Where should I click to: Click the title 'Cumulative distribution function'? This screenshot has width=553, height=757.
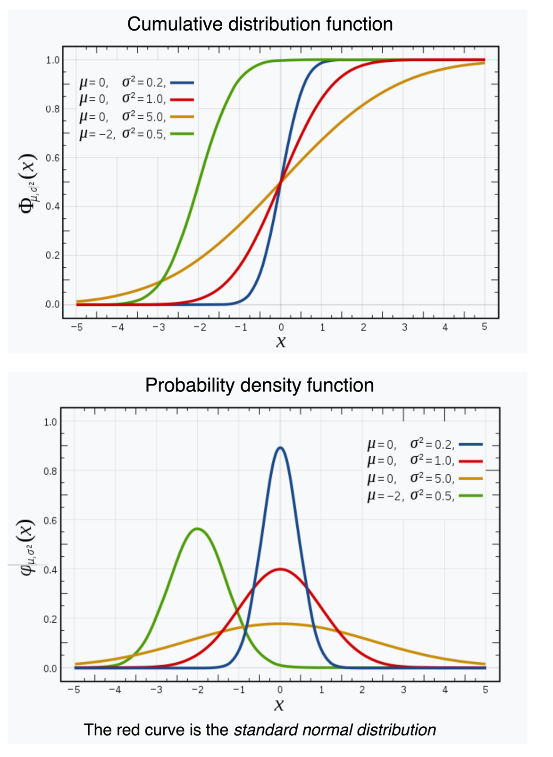coord(260,24)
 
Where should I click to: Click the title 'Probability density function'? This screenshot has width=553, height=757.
coord(259,385)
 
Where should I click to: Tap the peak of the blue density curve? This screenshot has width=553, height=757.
coord(280,447)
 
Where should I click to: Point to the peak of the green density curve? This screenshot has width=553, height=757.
coord(198,529)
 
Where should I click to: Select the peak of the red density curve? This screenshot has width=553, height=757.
coord(280,569)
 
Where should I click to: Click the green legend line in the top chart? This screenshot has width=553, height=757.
coord(182,134)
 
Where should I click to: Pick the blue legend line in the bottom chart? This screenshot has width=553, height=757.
coord(471,444)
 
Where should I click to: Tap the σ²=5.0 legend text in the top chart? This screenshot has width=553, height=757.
coord(143,116)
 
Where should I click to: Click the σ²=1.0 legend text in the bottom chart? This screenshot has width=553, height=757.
coord(432,461)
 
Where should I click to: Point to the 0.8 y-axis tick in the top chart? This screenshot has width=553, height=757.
coord(53,109)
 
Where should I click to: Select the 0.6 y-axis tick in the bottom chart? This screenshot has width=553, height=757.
coord(50,520)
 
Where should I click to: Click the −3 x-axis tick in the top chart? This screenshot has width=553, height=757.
coord(159,328)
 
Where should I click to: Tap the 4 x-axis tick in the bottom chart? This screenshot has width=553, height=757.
coord(444,690)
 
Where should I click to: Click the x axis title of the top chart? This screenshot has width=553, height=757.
coord(281,341)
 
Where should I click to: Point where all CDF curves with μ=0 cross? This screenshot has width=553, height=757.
coord(281,182)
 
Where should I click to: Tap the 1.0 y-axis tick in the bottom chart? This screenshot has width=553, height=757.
coord(50,422)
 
